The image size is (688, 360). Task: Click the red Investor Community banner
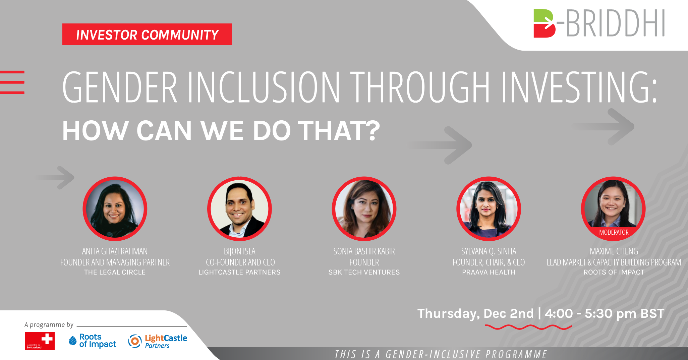147,34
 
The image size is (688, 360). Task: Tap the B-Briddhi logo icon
544,23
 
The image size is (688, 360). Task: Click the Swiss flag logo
40,341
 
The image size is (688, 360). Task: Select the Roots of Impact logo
93,341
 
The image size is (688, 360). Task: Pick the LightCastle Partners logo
158,341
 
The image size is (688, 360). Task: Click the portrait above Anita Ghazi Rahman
115,209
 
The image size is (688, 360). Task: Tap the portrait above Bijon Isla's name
239,209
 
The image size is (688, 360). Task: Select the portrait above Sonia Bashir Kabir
364,209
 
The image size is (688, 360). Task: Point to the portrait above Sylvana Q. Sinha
489,209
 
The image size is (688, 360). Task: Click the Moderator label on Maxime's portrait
614,232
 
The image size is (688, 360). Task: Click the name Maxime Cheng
614,251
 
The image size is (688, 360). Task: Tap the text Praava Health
489,272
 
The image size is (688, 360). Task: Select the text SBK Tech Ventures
364,272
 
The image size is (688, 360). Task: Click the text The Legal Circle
115,272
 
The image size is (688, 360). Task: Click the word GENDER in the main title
120,87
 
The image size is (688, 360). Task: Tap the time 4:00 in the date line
559,313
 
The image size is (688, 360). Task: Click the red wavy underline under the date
528,327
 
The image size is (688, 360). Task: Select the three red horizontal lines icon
12,82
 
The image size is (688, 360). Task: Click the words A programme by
49,324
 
